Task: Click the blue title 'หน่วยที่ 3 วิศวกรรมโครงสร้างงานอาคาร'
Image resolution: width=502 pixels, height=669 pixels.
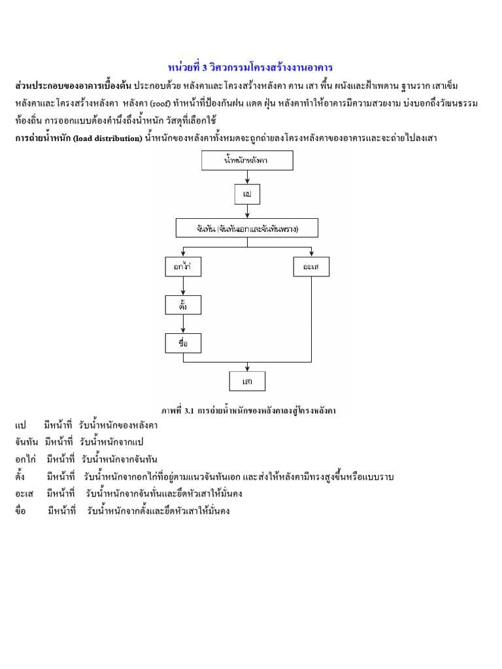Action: click(250, 68)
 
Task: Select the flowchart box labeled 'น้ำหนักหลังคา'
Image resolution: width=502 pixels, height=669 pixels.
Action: click(247, 160)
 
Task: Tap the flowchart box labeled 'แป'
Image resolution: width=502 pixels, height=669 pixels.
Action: click(247, 194)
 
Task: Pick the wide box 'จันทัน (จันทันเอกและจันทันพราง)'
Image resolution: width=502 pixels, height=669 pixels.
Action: click(247, 228)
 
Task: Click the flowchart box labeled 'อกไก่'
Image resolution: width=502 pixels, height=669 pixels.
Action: click(183, 267)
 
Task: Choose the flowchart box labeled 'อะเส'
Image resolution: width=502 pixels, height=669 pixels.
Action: click(311, 267)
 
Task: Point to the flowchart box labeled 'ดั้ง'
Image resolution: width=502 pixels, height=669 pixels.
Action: click(183, 304)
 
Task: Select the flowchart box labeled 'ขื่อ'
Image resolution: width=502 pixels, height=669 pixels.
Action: click(183, 343)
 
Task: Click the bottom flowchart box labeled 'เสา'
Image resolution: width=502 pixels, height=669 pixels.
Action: click(247, 381)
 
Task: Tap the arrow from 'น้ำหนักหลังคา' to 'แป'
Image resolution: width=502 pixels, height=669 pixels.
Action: click(247, 177)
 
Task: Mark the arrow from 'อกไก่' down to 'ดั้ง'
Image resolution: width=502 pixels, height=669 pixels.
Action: click(183, 286)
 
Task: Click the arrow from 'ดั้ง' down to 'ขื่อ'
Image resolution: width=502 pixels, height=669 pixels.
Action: click(183, 324)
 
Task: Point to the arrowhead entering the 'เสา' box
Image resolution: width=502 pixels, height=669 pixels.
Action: click(247, 368)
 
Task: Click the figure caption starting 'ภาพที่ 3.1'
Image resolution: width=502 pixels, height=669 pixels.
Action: click(252, 410)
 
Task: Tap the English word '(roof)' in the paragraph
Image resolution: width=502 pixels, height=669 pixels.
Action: click(160, 103)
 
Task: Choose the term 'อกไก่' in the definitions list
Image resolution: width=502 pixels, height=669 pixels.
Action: click(26, 459)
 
